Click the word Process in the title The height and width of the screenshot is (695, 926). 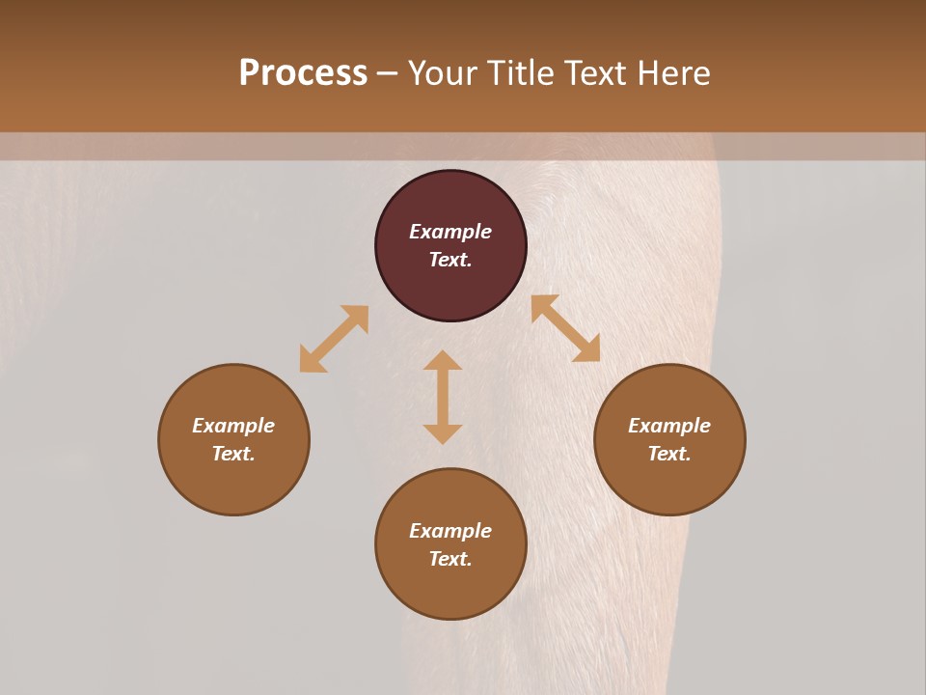(303, 73)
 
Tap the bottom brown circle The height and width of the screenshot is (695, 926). (450, 589)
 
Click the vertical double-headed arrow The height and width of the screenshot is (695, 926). (443, 397)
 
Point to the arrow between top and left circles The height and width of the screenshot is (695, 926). (334, 339)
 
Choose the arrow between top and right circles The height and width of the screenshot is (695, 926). (565, 328)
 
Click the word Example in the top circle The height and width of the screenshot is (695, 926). (450, 232)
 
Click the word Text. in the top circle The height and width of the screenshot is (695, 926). (450, 260)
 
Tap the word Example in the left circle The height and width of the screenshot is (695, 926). (233, 426)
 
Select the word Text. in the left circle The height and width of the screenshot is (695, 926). (233, 454)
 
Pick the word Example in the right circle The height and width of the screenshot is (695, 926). (669, 426)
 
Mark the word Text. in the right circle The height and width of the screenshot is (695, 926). (669, 454)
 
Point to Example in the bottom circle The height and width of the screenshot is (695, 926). (450, 531)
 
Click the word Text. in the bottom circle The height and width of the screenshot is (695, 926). (450, 559)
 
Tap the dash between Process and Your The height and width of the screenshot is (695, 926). (387, 74)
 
